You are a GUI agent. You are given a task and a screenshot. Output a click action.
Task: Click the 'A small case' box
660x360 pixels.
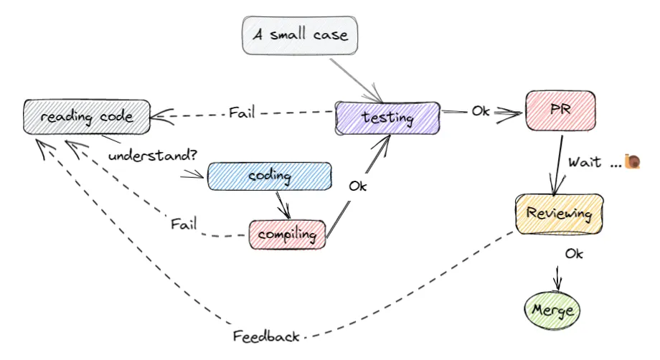click(299, 35)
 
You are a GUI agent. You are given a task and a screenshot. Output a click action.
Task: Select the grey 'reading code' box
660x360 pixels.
click(86, 116)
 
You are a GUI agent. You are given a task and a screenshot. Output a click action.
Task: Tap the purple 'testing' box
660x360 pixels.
click(387, 117)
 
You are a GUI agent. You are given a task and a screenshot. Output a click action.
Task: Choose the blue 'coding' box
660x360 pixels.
click(269, 176)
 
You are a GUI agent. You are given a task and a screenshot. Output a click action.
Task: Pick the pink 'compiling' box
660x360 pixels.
click(287, 235)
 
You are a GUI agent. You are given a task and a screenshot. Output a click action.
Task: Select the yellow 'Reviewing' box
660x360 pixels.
click(559, 214)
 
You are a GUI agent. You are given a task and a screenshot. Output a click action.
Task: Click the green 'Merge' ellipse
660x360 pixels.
click(552, 310)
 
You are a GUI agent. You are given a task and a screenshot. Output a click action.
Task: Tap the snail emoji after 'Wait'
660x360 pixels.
click(632, 161)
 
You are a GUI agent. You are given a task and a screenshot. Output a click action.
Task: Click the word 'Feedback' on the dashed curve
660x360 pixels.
click(265, 336)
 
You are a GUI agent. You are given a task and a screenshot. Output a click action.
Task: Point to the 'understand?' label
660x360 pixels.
click(153, 155)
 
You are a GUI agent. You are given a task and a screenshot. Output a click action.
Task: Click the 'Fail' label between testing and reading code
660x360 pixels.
click(242, 113)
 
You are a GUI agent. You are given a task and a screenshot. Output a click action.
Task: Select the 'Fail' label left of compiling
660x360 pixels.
click(184, 223)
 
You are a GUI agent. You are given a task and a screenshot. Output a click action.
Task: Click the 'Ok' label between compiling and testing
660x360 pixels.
click(359, 185)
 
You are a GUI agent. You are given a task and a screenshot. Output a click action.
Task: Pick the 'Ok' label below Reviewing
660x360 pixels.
click(574, 253)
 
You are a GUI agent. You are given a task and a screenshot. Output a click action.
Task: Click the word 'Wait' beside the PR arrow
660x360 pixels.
click(584, 162)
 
